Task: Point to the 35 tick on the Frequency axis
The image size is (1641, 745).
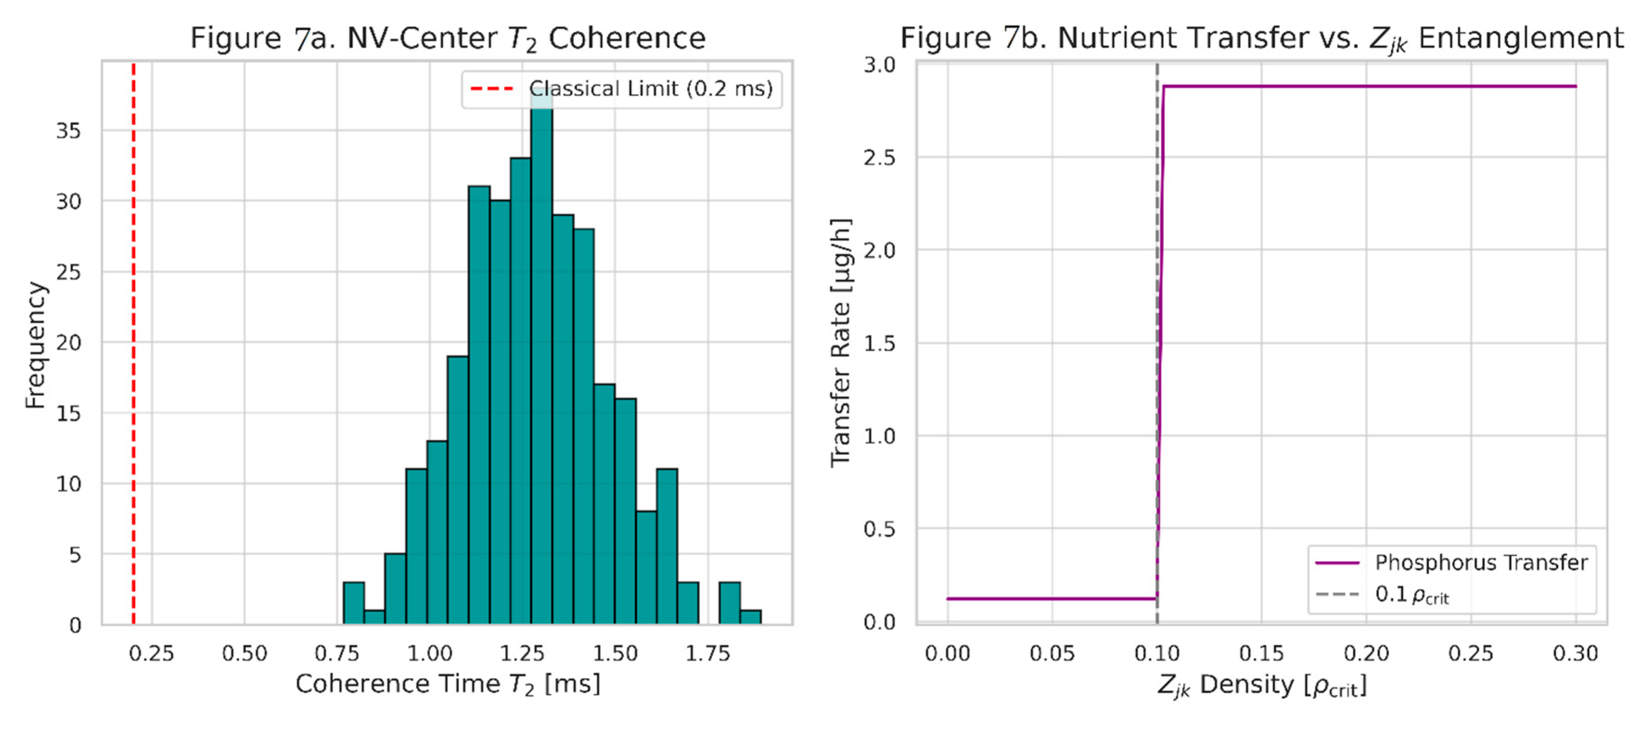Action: coord(69,131)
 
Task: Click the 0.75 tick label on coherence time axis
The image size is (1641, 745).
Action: coord(337,653)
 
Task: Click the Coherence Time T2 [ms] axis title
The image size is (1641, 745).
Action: coord(448,684)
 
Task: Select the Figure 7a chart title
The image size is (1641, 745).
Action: coord(448,38)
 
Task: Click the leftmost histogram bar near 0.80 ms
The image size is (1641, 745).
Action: coord(353,603)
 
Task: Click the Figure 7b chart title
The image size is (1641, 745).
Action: coord(1261,38)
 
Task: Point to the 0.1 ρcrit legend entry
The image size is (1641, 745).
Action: coord(1411,595)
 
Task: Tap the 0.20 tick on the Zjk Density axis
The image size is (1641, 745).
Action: coord(1366,653)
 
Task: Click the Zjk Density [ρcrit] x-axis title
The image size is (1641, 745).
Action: coord(1261,686)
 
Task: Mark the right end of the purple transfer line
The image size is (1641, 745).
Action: coord(1575,87)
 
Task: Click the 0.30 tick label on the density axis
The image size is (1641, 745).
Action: coord(1575,653)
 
